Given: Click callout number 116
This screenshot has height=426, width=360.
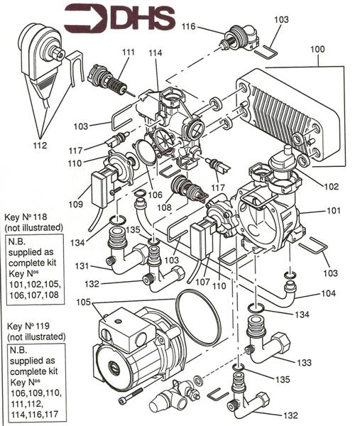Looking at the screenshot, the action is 189,26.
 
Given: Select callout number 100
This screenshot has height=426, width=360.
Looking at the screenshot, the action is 317,49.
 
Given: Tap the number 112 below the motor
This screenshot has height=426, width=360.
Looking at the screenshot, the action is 40,146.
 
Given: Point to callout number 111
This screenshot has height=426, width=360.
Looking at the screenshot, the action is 128,52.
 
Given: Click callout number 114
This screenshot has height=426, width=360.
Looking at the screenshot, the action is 155,53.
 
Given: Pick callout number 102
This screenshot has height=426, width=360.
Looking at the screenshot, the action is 332,186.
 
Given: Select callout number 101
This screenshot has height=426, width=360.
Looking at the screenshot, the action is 333,210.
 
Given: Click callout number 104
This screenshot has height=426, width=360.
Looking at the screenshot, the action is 329,293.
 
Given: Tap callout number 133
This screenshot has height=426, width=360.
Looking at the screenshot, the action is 304,362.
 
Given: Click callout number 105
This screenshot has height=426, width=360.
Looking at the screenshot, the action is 83,302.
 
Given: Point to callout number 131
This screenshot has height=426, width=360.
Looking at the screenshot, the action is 82,266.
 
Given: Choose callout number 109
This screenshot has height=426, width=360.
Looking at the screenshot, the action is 75,204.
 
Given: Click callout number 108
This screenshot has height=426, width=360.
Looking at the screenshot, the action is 165,207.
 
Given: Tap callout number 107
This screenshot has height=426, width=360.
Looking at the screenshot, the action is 203,282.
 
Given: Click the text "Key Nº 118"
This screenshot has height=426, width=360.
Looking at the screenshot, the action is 26,217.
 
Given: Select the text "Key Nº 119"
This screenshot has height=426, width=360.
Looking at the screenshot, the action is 28,326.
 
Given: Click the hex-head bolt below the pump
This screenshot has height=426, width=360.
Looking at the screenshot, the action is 131,396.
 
